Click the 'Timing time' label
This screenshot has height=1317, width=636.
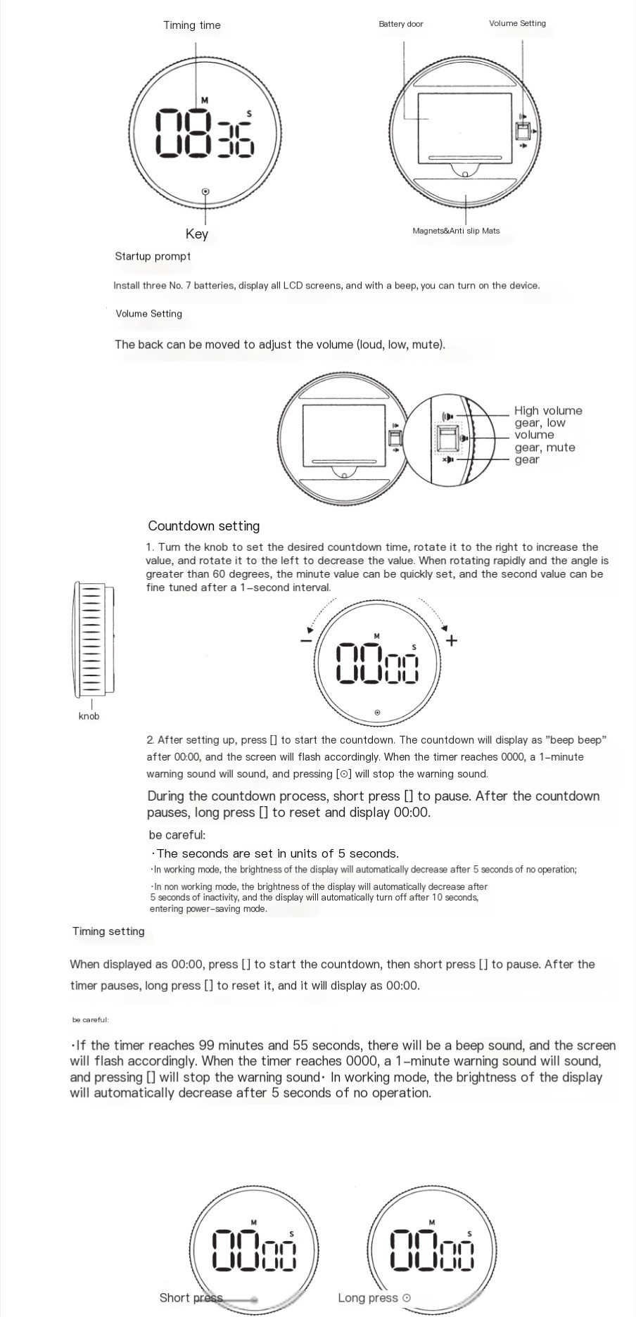pyautogui.click(x=191, y=25)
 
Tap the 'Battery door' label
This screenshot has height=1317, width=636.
pyautogui.click(x=401, y=24)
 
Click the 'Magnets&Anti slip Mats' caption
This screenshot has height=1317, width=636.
pyautogui.click(x=456, y=231)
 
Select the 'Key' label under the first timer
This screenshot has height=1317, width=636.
pyautogui.click(x=197, y=234)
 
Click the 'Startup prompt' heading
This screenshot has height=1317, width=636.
pyautogui.click(x=153, y=256)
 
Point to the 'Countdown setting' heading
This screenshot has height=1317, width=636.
pyautogui.click(x=203, y=526)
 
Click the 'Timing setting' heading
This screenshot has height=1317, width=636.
pyautogui.click(x=108, y=931)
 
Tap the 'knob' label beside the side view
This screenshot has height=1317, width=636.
pyautogui.click(x=89, y=716)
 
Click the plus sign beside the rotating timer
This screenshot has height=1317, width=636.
pyautogui.click(x=452, y=640)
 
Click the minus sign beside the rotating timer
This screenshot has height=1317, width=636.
pyautogui.click(x=306, y=640)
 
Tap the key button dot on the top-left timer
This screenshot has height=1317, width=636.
pyautogui.click(x=205, y=191)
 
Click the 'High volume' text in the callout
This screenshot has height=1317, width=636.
pyautogui.click(x=548, y=411)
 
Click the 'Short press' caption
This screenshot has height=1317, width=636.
pyautogui.click(x=191, y=1298)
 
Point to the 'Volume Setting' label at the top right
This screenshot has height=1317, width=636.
pyautogui.click(x=517, y=23)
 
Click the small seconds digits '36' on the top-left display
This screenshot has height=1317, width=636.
pyautogui.click(x=236, y=139)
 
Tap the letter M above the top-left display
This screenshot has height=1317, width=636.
pyautogui.click(x=205, y=101)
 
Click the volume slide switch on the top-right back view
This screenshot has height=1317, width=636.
pyautogui.click(x=523, y=132)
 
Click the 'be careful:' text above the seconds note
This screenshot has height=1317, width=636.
pyautogui.click(x=177, y=835)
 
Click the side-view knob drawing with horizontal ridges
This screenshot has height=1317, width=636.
pyautogui.click(x=92, y=638)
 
